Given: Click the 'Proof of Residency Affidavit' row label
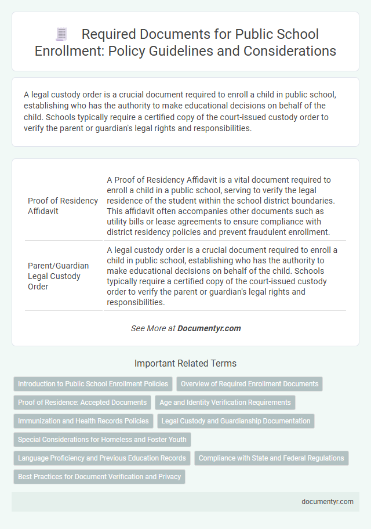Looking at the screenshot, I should point(63,205).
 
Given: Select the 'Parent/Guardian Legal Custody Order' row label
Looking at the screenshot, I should point(58,276).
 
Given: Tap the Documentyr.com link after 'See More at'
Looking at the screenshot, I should point(209,328).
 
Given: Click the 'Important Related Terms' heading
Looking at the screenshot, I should point(185,364).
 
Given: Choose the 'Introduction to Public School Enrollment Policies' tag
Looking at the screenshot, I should point(93,384).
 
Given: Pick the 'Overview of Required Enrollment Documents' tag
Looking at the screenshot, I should point(249,384).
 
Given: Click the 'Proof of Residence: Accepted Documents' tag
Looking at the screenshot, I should point(82,403).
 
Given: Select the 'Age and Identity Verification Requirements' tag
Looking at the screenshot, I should point(225,403).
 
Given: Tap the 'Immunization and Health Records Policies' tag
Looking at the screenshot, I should point(83,421).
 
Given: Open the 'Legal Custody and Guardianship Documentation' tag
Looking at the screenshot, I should point(236,421).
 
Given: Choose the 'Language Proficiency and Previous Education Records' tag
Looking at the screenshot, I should point(102,458).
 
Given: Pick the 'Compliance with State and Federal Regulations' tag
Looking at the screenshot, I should point(271,458).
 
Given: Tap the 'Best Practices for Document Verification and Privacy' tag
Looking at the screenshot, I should point(99,477).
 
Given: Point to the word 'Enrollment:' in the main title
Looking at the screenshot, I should point(71,51).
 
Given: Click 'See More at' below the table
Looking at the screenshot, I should point(153,328).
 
